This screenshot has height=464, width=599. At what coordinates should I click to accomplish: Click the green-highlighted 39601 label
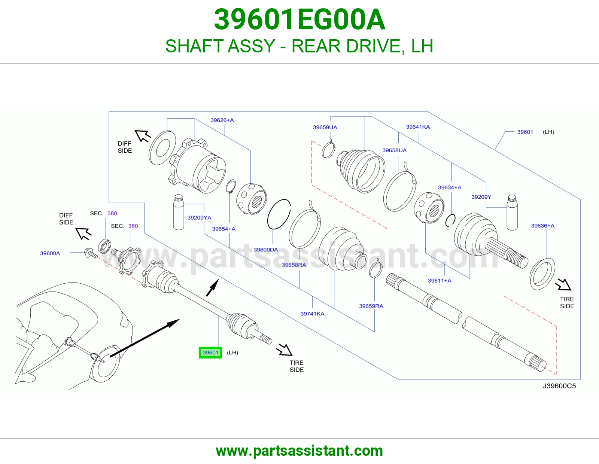point(210,352)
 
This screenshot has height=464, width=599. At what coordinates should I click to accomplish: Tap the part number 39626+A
point(222,120)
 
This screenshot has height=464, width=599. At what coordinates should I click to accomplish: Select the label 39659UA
point(325,127)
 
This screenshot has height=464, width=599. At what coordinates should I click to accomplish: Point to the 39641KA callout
point(418,127)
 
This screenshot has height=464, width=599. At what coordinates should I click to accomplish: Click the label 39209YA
point(199,218)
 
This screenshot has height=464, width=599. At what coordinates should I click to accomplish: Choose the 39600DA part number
point(266,250)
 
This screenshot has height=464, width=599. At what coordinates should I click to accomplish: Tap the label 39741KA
point(312,314)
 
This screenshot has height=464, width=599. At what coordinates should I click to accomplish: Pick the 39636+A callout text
point(543,226)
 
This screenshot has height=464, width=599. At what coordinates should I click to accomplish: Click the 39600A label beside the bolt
point(50,253)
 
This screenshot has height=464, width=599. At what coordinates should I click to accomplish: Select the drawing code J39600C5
point(559,386)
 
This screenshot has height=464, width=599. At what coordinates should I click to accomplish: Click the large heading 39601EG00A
point(299,19)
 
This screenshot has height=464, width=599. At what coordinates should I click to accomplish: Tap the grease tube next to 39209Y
point(512,213)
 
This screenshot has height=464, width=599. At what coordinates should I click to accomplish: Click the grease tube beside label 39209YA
point(178,212)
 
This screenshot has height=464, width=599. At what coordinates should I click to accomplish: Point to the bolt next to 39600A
point(91,253)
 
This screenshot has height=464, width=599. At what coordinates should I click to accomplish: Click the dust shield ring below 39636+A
point(542,274)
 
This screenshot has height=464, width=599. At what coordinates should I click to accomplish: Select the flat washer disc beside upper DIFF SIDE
point(162,148)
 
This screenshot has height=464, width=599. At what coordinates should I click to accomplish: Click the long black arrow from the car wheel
point(145,338)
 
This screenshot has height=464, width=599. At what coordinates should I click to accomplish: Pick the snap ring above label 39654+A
point(231,187)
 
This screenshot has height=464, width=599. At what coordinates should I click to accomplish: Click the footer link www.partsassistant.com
point(299,451)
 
